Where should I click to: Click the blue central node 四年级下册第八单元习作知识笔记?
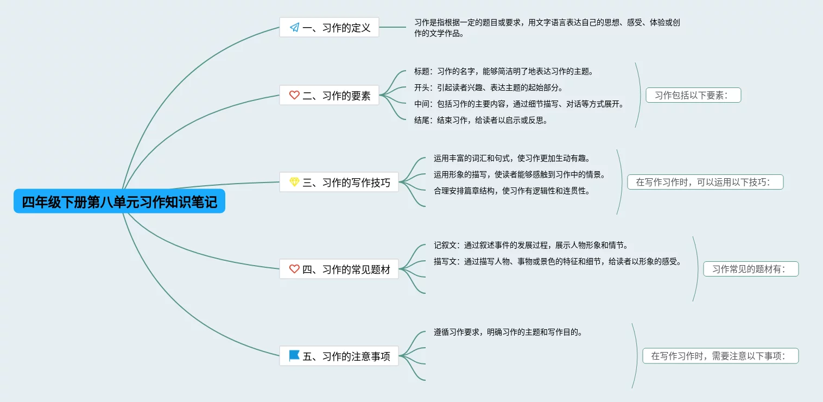pos(119,202)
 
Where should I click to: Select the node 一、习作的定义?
pos(329,27)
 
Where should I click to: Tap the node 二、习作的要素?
pos(329,95)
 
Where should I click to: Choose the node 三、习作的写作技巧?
pos(339,182)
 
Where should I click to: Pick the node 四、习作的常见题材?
pos(339,269)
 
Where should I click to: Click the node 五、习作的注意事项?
pos(339,356)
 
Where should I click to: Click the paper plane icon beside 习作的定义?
pos(294,27)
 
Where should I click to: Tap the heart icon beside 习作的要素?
pos(294,95)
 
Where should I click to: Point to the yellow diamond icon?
pos(294,182)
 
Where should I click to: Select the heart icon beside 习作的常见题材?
pos(294,269)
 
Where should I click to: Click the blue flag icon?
pos(294,356)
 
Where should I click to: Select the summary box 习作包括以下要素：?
pos(693,95)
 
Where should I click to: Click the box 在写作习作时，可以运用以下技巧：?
pos(705,182)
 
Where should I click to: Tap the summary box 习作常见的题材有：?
pos(751,269)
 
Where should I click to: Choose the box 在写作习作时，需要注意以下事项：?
pos(720,356)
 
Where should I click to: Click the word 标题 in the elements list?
pos(422,71)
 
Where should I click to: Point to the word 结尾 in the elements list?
pos(422,120)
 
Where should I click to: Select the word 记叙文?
pos(446,245)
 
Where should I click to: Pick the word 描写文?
pos(446,261)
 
